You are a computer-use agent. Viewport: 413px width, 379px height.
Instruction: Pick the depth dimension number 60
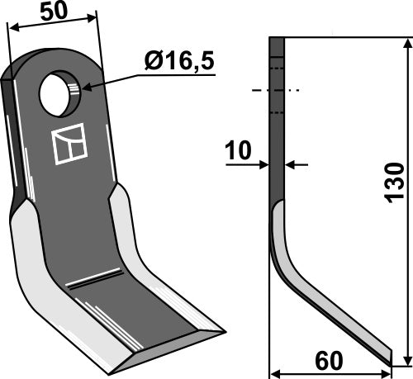pos(330,361)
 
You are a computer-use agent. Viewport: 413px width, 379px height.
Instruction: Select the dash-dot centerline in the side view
pos(277,90)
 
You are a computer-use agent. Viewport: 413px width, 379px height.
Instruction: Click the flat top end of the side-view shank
pos(277,39)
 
